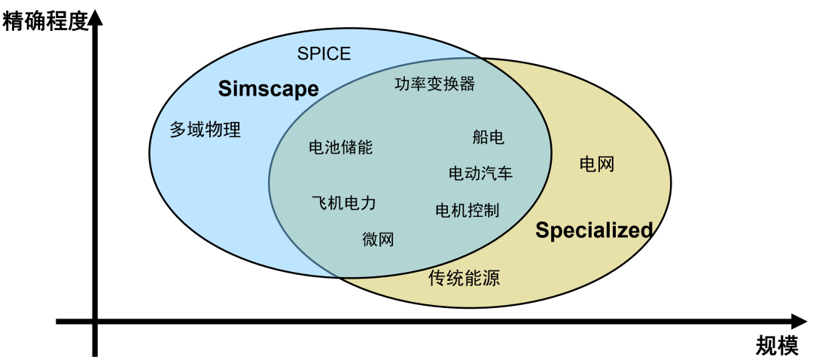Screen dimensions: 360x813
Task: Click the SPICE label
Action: coord(324,53)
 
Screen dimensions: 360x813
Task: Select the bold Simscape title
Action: coord(268,89)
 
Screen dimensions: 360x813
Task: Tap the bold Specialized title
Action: coord(594,230)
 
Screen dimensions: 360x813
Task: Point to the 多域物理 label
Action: coord(205,130)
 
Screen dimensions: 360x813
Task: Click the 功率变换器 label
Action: coord(434,84)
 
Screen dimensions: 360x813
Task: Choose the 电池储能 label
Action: coord(340,147)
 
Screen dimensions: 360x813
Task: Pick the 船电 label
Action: coord(488,137)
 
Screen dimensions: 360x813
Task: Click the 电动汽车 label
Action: coord(480,174)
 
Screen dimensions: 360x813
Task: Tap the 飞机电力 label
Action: coord(343,203)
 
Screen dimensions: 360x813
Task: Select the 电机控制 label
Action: coord(467,210)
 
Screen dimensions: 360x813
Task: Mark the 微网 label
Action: coord(378,239)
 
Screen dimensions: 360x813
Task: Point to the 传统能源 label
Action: coord(464,279)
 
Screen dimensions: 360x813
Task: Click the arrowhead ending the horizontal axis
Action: coord(796,322)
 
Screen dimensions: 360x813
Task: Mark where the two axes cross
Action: coord(95,322)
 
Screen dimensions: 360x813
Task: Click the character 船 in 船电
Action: coord(480,137)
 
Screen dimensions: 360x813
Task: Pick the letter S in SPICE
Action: coord(302,53)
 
